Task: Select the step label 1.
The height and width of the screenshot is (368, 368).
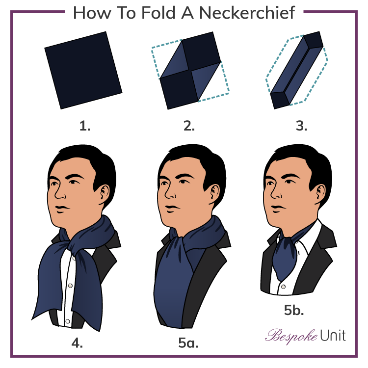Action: [x=85, y=126]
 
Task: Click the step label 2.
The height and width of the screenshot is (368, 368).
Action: [x=189, y=126]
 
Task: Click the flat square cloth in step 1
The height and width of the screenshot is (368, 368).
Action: [x=84, y=70]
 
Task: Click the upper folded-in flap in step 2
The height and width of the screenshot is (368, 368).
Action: [x=175, y=60]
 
